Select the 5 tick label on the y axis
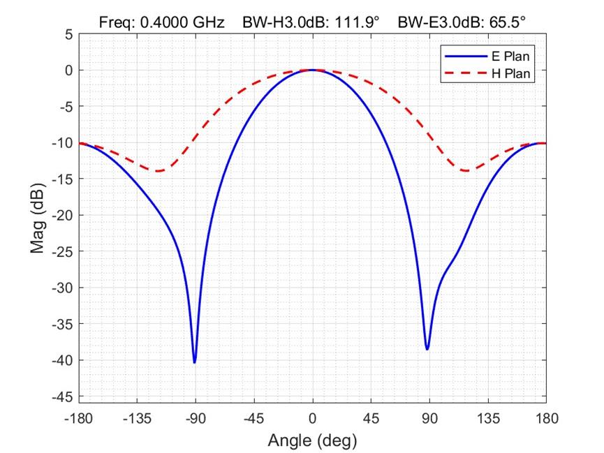tap(68, 34)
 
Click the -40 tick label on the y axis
tap(62, 360)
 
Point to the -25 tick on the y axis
tap(62, 251)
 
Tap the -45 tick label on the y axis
tap(62, 396)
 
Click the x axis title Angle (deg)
tap(312, 440)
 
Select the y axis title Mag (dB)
tap(38, 215)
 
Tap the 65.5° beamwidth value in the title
tap(504, 23)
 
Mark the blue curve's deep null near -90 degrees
tap(194, 362)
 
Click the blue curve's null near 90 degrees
tap(427, 348)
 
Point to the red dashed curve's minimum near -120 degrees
tap(159, 171)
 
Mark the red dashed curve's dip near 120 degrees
tap(466, 171)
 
